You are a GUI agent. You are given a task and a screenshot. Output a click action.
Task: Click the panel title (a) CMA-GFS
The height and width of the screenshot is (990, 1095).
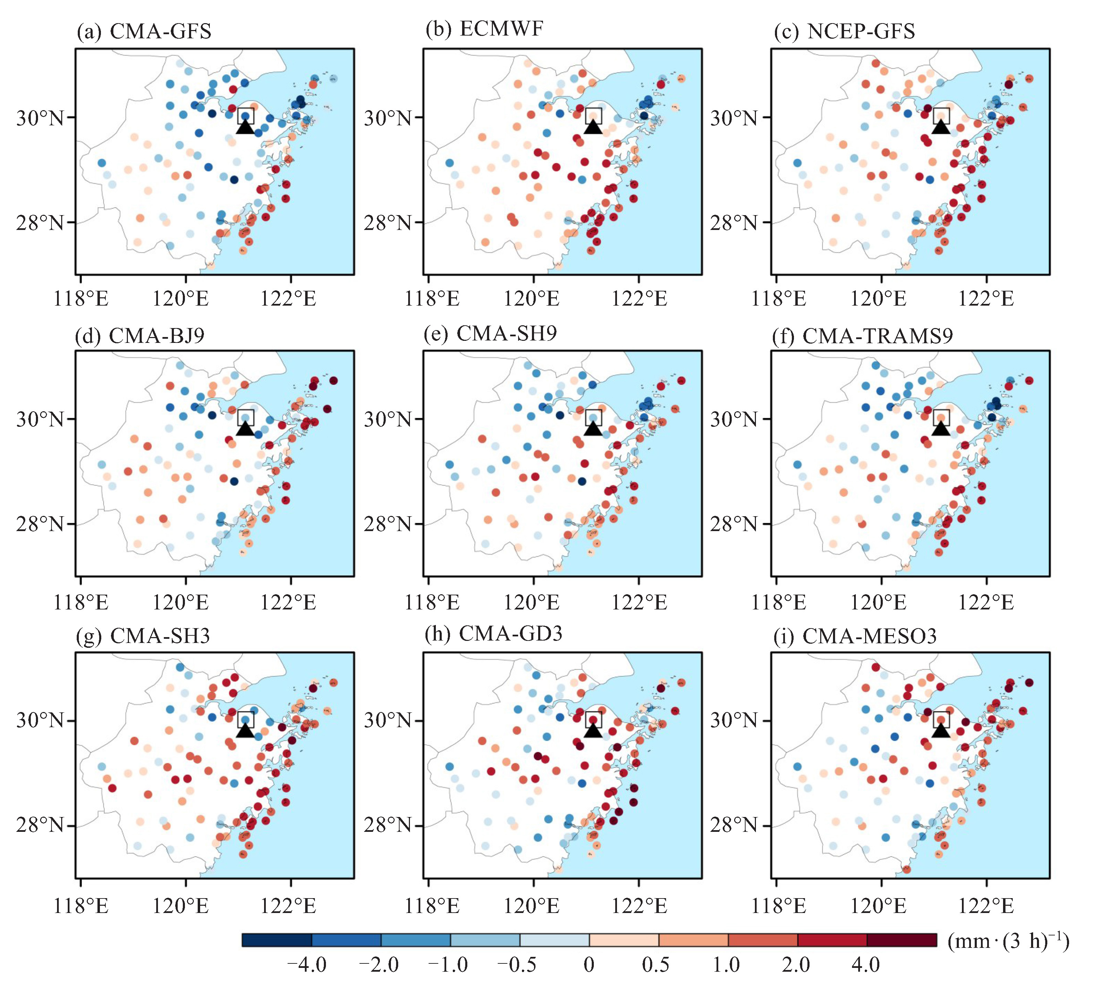[x=144, y=31]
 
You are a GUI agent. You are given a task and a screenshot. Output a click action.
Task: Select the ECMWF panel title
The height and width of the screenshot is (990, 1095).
[x=485, y=29]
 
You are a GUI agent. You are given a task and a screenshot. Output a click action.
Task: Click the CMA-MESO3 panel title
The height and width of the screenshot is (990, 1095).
[x=855, y=636]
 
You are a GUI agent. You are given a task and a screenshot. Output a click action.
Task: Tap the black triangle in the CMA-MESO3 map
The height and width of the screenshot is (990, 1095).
[x=941, y=730]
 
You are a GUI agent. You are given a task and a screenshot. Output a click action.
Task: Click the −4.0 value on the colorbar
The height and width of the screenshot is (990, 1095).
[x=307, y=964]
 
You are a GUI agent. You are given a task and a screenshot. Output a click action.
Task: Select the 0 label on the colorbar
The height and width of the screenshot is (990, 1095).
[x=589, y=964]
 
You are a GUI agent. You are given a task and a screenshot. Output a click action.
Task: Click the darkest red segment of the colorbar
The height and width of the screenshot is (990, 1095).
[x=902, y=940]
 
